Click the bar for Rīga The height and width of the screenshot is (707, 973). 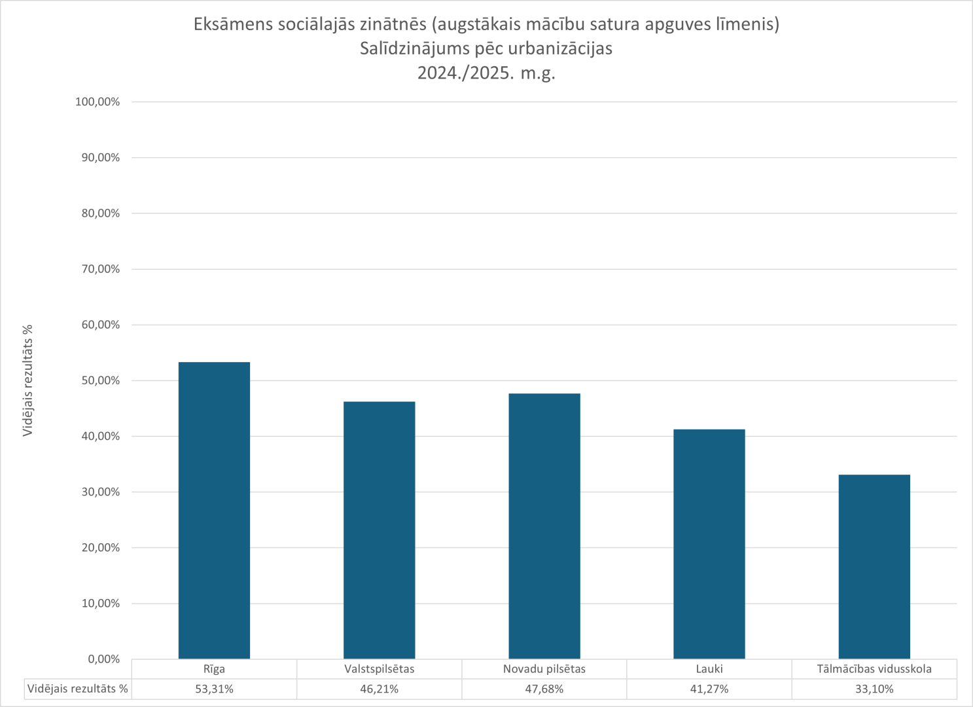(214, 511)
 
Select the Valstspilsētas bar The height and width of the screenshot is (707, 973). (379, 530)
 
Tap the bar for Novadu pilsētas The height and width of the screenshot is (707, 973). (544, 526)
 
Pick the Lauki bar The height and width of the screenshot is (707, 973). (709, 544)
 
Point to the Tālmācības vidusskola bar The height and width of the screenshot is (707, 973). (874, 567)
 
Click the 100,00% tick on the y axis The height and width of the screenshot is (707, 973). (97, 102)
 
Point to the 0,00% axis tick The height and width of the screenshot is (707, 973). (103, 659)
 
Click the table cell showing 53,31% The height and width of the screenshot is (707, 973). (214, 689)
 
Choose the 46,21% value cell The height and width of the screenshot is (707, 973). (379, 689)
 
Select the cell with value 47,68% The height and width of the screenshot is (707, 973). (544, 689)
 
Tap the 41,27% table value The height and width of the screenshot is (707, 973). (709, 689)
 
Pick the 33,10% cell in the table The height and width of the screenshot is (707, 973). (874, 689)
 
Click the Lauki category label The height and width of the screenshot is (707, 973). (709, 669)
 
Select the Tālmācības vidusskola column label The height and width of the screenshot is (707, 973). (874, 669)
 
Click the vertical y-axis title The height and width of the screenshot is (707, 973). (28, 380)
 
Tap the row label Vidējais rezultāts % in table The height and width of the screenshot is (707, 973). (78, 689)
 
